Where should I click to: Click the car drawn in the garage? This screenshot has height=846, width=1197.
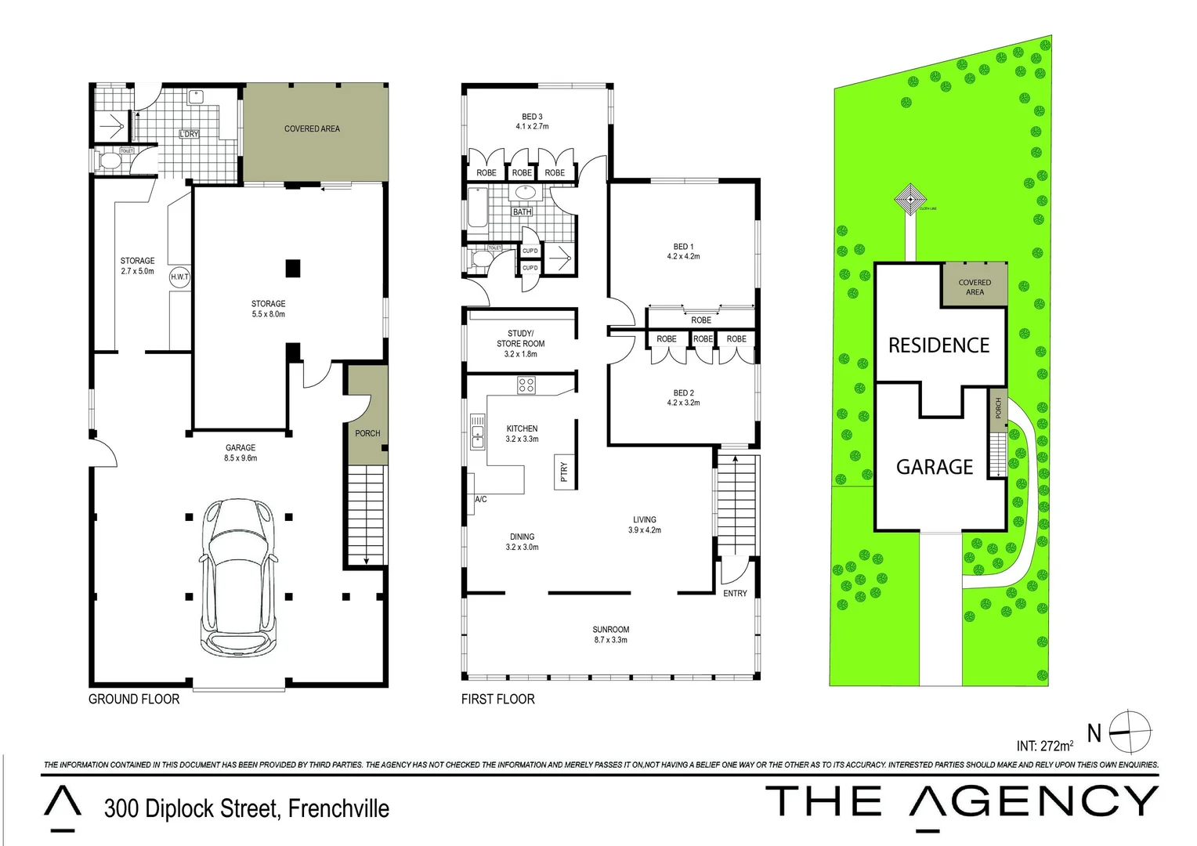pyautogui.click(x=239, y=577)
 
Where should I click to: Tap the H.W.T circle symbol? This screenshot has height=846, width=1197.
pyautogui.click(x=179, y=277)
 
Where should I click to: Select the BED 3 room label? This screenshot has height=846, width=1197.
pyautogui.click(x=532, y=117)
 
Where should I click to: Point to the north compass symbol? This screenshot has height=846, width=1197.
pyautogui.click(x=1130, y=732)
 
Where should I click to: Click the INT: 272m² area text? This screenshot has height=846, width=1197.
pyautogui.click(x=1045, y=746)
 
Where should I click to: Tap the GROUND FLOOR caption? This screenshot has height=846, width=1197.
pyautogui.click(x=134, y=699)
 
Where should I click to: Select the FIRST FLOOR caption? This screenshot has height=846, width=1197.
pyautogui.click(x=497, y=699)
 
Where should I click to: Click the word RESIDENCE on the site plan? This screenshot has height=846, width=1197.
pyautogui.click(x=938, y=345)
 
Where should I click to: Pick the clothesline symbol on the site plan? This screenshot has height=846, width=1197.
pyautogui.click(x=910, y=199)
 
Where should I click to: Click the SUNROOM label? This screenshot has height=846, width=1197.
pyautogui.click(x=610, y=629)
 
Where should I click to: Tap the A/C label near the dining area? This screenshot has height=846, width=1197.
pyautogui.click(x=481, y=499)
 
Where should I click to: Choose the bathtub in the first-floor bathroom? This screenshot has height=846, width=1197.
pyautogui.click(x=477, y=208)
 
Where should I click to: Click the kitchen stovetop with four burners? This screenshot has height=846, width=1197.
pyautogui.click(x=526, y=385)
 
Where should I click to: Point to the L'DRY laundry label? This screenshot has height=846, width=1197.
pyautogui.click(x=189, y=134)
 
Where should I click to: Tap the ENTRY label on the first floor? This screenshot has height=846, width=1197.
pyautogui.click(x=735, y=593)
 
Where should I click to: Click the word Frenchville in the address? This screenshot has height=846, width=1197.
pyautogui.click(x=338, y=808)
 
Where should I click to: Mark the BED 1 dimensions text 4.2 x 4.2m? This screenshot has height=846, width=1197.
pyautogui.click(x=683, y=256)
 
